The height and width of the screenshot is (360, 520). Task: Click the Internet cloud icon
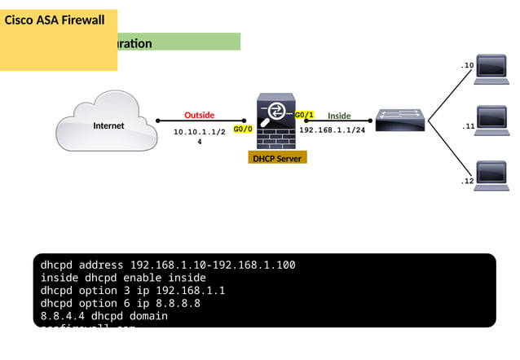[107, 125]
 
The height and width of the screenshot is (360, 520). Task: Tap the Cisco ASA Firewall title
[55, 20]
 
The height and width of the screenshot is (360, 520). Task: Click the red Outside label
[199, 115]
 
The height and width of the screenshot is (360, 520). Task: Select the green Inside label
[339, 116]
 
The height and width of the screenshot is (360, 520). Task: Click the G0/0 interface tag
[243, 129]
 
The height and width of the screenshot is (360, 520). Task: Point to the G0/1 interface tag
[304, 115]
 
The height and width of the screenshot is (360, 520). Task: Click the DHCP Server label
[278, 158]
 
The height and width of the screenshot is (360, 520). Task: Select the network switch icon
[399, 121]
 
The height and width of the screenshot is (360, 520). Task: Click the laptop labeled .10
[491, 68]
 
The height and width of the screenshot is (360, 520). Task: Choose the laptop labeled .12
[491, 175]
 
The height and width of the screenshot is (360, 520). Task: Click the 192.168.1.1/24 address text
[332, 130]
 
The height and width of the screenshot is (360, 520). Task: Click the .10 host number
[467, 65]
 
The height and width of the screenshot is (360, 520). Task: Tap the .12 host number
[467, 181]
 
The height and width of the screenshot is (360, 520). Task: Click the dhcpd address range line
[168, 265]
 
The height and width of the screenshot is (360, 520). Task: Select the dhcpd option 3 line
[133, 290]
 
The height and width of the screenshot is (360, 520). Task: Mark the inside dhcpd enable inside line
[123, 277]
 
